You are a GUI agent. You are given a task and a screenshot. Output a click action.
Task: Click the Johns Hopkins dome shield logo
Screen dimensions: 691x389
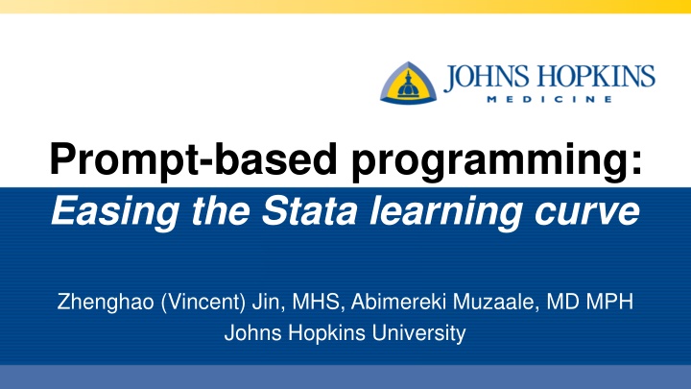(x=409, y=83)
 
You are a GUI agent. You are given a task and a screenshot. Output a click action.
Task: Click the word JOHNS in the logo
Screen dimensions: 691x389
(x=487, y=77)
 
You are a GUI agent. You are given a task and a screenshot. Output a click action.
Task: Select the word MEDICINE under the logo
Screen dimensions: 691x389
(x=550, y=99)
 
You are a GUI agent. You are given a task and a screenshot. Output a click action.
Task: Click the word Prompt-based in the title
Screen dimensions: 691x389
(x=194, y=159)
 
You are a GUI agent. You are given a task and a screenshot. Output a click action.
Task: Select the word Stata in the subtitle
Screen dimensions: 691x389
(x=309, y=210)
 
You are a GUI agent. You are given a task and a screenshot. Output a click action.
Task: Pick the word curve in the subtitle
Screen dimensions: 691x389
(x=587, y=214)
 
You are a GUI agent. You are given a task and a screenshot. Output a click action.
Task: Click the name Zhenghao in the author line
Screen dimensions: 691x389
(x=106, y=303)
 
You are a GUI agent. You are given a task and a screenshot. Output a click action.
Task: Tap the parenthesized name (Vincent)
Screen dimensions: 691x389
(x=203, y=303)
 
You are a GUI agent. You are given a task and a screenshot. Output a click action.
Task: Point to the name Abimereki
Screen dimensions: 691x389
(x=398, y=302)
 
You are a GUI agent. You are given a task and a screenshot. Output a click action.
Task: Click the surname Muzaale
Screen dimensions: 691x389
(x=496, y=303)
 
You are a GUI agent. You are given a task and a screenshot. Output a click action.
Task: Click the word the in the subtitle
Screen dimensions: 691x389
(x=221, y=211)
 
